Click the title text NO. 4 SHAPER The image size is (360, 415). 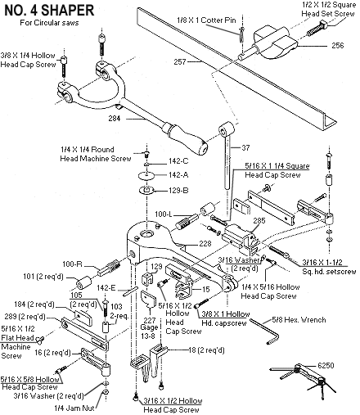point(49,11)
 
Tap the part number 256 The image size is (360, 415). point(338,45)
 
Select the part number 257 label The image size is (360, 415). point(180,62)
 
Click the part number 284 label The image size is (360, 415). point(115,119)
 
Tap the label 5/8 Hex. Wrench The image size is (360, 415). point(299,319)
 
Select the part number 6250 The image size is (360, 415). point(326,365)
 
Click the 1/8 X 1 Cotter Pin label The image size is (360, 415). point(206,20)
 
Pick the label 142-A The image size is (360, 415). point(178,174)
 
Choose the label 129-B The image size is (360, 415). point(178,190)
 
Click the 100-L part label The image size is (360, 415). point(164,214)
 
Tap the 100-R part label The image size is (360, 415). point(72,264)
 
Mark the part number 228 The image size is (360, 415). point(205,243)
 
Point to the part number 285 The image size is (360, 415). point(259,220)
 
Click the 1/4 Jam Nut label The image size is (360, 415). point(74,408)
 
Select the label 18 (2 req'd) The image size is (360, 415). point(206,350)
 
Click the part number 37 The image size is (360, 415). point(245,147)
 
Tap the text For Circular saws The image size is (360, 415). point(49,23)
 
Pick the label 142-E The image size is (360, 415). point(106,288)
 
